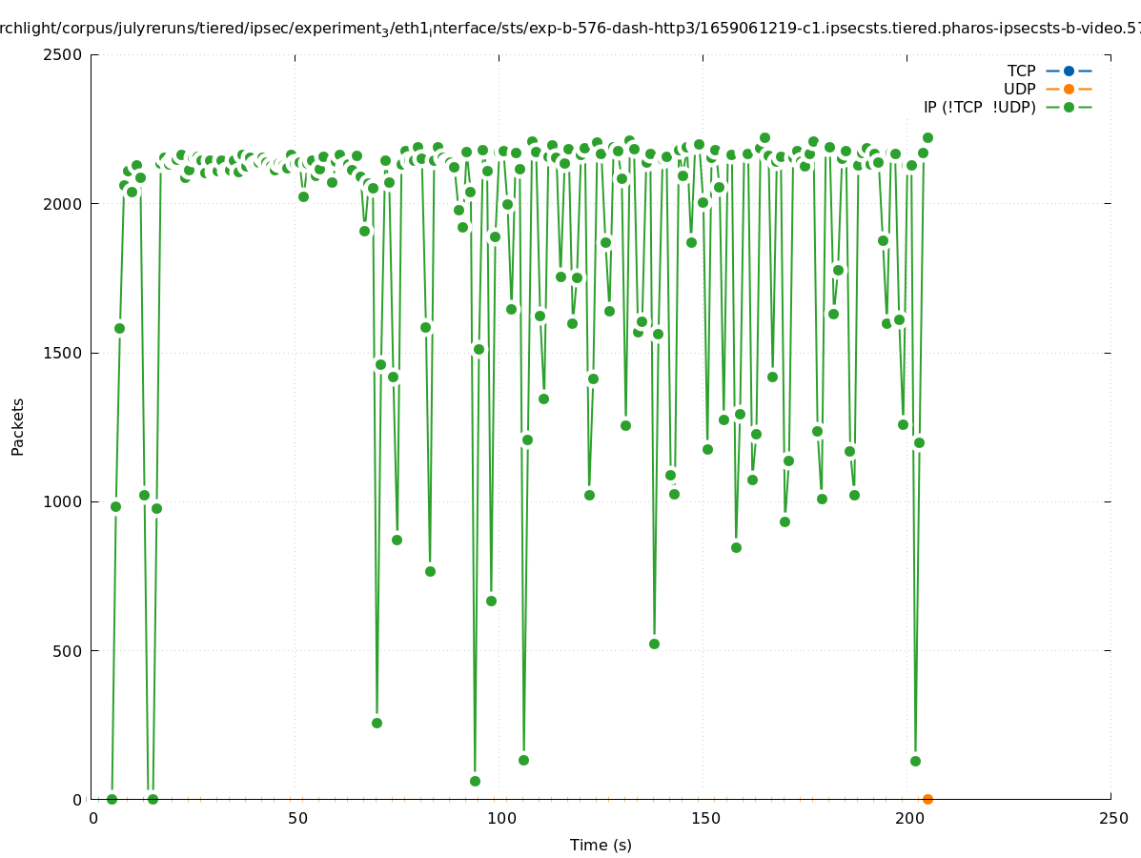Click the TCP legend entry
click(x=1021, y=71)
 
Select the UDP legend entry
click(x=1019, y=89)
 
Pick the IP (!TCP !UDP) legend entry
click(x=979, y=107)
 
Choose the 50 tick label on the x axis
click(x=297, y=819)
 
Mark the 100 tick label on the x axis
click(x=501, y=819)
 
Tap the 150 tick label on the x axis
click(x=705, y=819)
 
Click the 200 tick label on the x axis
click(x=909, y=819)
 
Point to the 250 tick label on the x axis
click(x=1112, y=819)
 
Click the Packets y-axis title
click(x=18, y=426)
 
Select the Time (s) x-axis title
click(x=601, y=846)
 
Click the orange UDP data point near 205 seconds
click(x=927, y=799)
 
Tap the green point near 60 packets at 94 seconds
click(x=475, y=781)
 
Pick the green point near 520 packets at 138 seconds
click(x=654, y=643)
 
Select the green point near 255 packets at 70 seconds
click(x=377, y=723)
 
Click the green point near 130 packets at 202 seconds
click(x=915, y=761)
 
